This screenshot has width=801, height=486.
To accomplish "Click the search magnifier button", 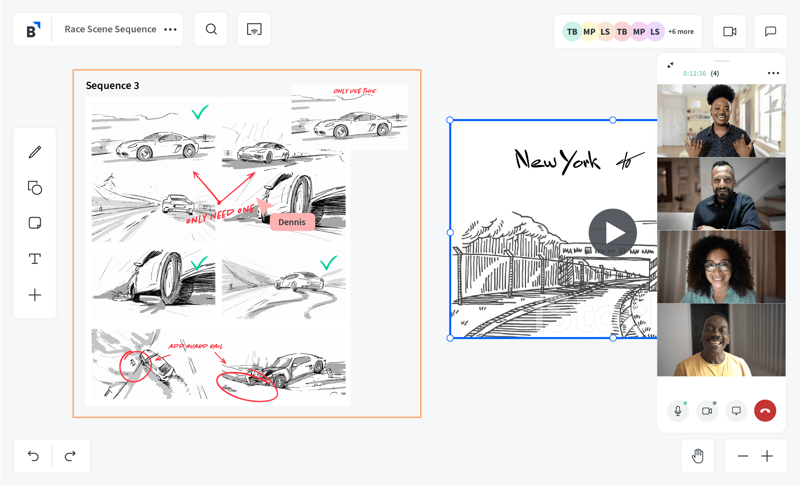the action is coord(211,29).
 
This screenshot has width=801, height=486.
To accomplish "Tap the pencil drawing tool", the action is coord(35,152).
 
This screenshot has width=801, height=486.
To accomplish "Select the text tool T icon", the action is coord(35,259).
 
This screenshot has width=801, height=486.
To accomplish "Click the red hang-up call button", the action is coord(765,411).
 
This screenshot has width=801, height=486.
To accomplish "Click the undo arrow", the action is coord(33,456).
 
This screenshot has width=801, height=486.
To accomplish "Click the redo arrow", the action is coord(70,456).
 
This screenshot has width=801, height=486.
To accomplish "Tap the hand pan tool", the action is coord(698,456).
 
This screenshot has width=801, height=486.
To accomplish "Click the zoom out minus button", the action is coord(743,456).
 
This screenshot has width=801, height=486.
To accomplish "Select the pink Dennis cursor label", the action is coord(292,222).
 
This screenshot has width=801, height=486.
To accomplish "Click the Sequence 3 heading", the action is coord(112,86).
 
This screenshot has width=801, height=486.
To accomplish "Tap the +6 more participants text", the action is coord(681,32).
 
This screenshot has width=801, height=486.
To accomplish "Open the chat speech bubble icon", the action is coord(771,31).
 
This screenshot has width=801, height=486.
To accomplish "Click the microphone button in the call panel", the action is coord(678,411).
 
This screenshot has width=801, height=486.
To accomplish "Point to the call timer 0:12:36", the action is coord(695,73).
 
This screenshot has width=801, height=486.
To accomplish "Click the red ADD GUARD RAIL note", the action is coord(195,346).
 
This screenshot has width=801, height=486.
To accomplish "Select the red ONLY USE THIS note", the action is coord(355,91).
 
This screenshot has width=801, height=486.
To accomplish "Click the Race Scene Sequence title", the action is coord(110,29).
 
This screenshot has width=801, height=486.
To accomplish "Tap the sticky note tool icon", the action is coord(35,222).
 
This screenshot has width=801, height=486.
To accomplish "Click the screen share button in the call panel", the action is coord(736,411).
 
